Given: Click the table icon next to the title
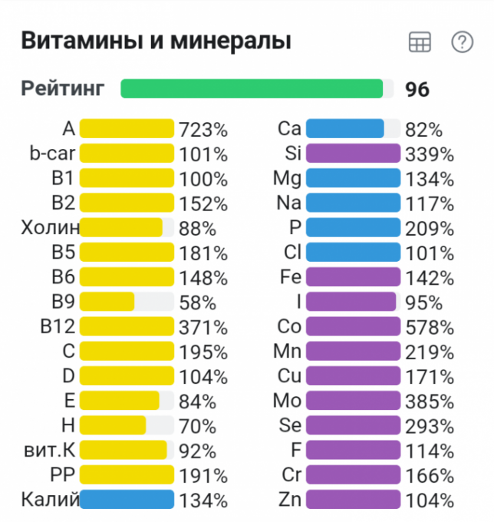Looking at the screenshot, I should pyautogui.click(x=420, y=43).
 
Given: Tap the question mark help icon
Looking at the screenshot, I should pyautogui.click(x=462, y=42).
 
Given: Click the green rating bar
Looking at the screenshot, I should pyautogui.click(x=252, y=89).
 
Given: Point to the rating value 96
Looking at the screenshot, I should pyautogui.click(x=417, y=90).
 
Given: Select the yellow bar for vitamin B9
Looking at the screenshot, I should pyautogui.click(x=107, y=302).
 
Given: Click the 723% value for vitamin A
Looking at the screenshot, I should pyautogui.click(x=203, y=130).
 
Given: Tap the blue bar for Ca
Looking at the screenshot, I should pyautogui.click(x=344, y=129).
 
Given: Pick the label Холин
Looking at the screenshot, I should pyautogui.click(x=51, y=228).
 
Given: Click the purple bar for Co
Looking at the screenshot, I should pyautogui.click(x=353, y=327).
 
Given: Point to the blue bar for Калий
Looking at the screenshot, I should pyautogui.click(x=127, y=500).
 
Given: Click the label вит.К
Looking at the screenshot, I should pyautogui.click(x=49, y=451).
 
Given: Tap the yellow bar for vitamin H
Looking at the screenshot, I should pyautogui.click(x=113, y=425).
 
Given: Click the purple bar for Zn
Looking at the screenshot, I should pyautogui.click(x=353, y=500).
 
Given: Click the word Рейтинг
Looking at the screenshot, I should pyautogui.click(x=63, y=88).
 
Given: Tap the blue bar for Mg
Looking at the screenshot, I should pyautogui.click(x=353, y=179).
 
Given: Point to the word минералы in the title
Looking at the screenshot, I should pyautogui.click(x=232, y=41).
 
